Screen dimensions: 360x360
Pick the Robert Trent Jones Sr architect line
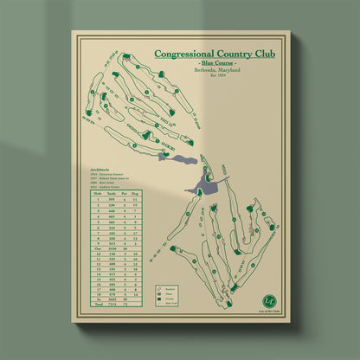coord(109,181)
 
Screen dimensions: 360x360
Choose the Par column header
coord(132,194)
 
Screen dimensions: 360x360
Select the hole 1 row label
coord(98,200)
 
